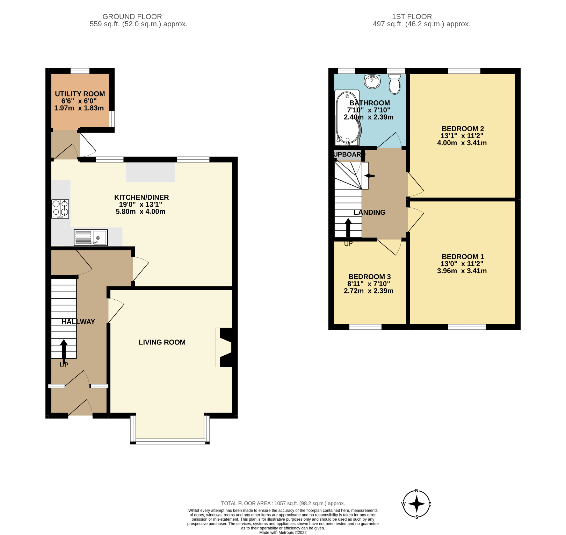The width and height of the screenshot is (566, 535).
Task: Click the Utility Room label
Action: coord(80,94)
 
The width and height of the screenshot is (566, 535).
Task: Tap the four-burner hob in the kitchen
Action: coord(60,209)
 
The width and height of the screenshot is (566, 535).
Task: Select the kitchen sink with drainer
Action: coord(91,238)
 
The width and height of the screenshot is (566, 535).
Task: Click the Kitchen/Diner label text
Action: coord(141,197)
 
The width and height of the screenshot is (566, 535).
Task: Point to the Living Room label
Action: coord(162,342)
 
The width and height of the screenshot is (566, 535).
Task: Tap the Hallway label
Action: coord(78,322)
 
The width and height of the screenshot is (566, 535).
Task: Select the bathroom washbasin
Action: coord(372,81)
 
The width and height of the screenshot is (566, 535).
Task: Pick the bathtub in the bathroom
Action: coord(347,118)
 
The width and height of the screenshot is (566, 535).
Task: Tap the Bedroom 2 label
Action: coord(463,129)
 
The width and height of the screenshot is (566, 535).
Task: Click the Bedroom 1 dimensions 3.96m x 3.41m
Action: coord(462,271)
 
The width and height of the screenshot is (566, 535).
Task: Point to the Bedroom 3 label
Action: coord(369,277)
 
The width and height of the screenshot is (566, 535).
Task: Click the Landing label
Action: coord(369,212)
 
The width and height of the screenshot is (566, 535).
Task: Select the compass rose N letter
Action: coord(416,491)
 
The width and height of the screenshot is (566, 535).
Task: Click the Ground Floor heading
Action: coord(132,16)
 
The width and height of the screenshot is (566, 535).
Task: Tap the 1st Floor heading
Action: coord(412,16)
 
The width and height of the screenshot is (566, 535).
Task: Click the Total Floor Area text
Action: coord(283,504)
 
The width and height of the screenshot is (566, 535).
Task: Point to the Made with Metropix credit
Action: coord(283,533)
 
